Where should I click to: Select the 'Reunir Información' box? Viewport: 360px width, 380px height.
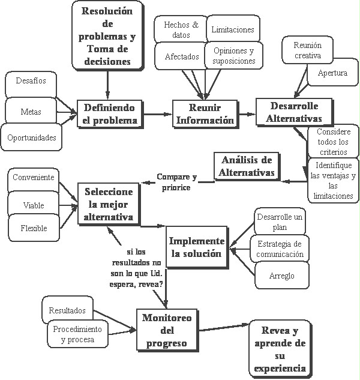point(205,113)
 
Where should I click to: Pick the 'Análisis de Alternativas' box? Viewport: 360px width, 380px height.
point(247,166)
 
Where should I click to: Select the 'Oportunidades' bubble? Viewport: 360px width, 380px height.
point(32,137)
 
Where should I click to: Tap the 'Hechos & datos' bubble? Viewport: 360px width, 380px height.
point(181,30)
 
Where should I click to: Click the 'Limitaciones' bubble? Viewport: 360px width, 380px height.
point(233,29)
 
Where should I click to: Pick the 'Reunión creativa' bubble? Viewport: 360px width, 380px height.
point(308,51)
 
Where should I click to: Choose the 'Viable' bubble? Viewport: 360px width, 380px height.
point(34,205)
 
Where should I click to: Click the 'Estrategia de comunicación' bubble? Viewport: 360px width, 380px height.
point(280,249)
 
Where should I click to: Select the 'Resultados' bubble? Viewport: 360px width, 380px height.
point(67,311)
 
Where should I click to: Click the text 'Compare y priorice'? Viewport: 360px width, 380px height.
point(176,182)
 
